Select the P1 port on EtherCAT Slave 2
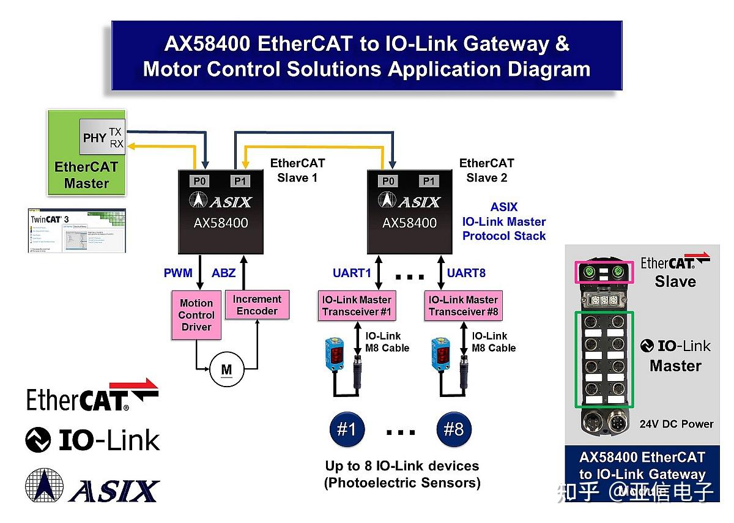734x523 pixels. coord(429,181)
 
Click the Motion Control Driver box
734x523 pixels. coord(196,315)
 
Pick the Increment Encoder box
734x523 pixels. coord(257,305)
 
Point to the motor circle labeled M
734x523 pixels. coord(226,369)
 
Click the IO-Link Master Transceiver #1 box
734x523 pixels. coord(357,306)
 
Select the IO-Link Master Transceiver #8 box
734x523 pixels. coord(463,306)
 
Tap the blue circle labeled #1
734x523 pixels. coord(347,429)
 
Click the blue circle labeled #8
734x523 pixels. coord(454,429)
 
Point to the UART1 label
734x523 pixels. coord(352,273)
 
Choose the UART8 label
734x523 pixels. coord(466,273)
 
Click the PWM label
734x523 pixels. coord(178,273)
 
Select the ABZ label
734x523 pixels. coord(223,273)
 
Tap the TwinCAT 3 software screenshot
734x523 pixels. coord(77,231)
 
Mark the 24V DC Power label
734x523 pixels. coord(677,424)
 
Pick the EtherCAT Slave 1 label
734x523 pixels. coord(297,170)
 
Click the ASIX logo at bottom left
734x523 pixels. coord(92,487)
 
